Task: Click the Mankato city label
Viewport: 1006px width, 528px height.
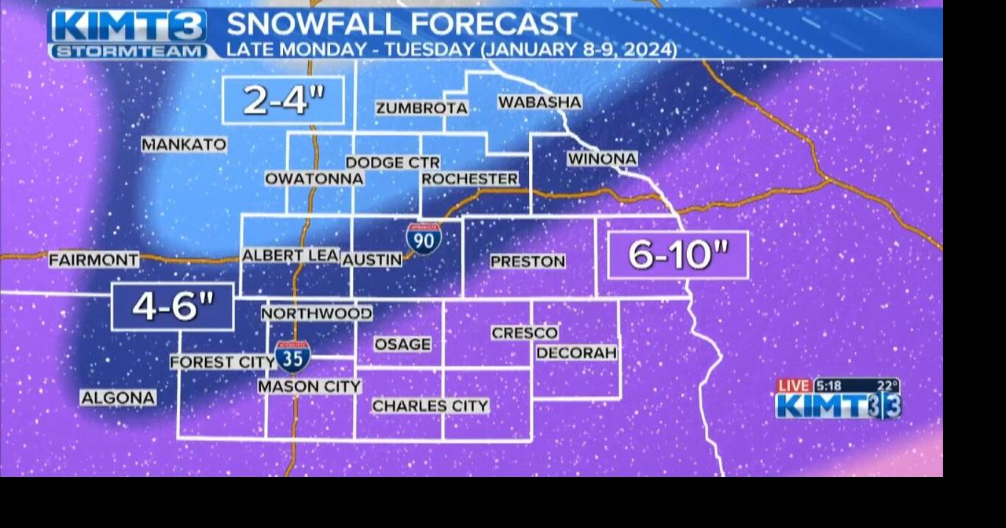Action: click(184, 145)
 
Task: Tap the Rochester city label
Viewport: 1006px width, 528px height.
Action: click(470, 179)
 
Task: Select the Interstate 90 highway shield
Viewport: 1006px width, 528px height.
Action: click(424, 238)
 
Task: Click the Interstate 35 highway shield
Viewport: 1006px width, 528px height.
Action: click(292, 356)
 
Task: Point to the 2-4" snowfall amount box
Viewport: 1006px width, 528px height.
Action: click(283, 101)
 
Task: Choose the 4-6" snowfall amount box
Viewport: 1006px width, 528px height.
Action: click(173, 306)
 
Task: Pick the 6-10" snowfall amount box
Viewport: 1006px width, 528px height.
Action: click(677, 255)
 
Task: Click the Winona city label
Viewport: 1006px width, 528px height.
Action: click(602, 159)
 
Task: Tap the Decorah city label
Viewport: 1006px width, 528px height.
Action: click(576, 353)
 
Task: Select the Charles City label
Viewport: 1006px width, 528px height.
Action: click(430, 406)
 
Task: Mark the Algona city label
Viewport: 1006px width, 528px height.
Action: click(118, 398)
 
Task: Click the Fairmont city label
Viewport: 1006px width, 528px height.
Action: click(94, 259)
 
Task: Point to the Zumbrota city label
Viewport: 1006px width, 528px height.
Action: click(421, 108)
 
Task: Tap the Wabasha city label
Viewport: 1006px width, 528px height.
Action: click(539, 102)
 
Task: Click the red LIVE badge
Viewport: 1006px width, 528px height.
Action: click(794, 386)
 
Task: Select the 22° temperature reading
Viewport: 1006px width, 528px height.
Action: click(887, 386)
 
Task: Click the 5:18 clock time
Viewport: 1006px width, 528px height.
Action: click(828, 386)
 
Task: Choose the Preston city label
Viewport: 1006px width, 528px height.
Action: click(527, 262)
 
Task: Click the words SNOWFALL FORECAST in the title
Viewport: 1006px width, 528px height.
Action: click(402, 24)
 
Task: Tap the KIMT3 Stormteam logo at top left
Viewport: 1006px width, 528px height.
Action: click(129, 35)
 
